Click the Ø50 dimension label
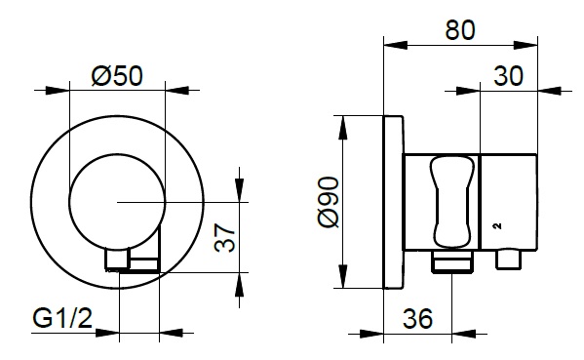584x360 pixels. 117,76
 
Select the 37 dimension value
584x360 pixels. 225,237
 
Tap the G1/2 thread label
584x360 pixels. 62,319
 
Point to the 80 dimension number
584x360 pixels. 460,30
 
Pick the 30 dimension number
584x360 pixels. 508,76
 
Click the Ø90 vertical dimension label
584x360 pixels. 329,202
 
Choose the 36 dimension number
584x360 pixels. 418,319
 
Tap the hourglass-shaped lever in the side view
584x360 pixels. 452,202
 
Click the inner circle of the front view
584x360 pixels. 117,154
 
